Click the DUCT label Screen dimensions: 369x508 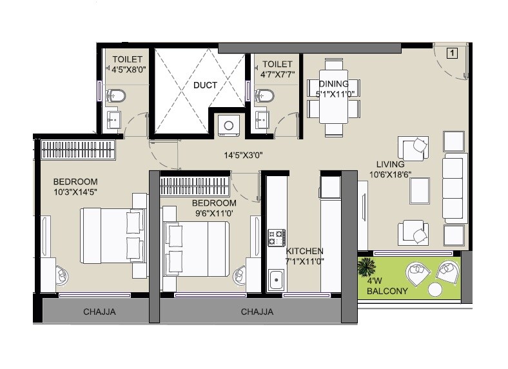pos(205,85)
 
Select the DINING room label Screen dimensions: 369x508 pos(333,84)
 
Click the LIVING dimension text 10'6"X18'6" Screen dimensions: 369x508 pos(390,174)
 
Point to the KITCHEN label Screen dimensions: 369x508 pos(305,251)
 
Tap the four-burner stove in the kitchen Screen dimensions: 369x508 pos(277,237)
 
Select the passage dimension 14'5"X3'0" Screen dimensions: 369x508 pos(243,155)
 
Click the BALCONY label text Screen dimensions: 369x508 pos(387,292)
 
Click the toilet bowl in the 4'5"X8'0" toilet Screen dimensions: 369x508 pos(117,96)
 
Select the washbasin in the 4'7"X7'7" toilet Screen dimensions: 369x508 pos(262,119)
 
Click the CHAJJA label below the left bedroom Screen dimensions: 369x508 pos(99,312)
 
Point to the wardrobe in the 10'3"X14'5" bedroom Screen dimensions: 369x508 pos(78,150)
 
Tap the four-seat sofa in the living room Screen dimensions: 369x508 pos(454,188)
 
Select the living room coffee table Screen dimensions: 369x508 pos(420,190)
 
